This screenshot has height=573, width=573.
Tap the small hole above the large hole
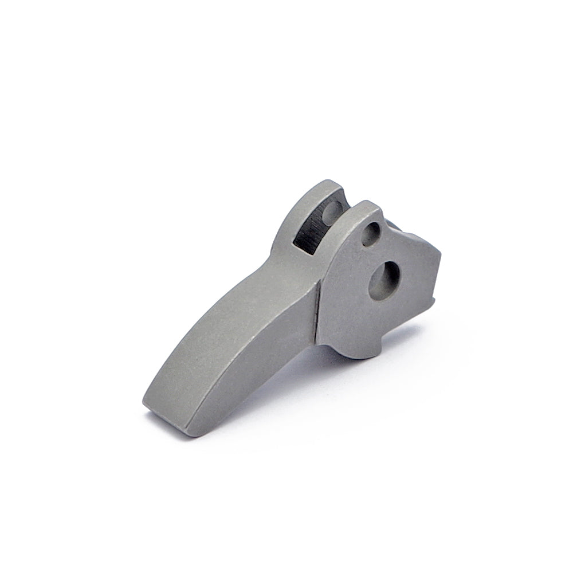point(371,233)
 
